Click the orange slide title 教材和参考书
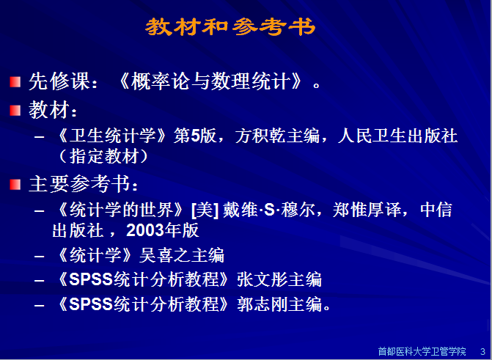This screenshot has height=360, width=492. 230,26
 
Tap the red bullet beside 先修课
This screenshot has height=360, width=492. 15,81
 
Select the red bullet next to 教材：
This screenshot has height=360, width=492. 15,111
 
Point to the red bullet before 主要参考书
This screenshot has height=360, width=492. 15,184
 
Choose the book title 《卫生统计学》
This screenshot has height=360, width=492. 113,136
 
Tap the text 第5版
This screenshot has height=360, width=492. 195,136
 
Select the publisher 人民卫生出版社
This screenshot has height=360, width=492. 398,136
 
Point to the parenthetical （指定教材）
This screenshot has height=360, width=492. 104,156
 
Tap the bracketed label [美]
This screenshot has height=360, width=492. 205,210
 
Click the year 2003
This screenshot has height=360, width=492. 145,230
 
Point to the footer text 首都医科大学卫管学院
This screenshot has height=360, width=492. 422,351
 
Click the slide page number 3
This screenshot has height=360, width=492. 483,351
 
